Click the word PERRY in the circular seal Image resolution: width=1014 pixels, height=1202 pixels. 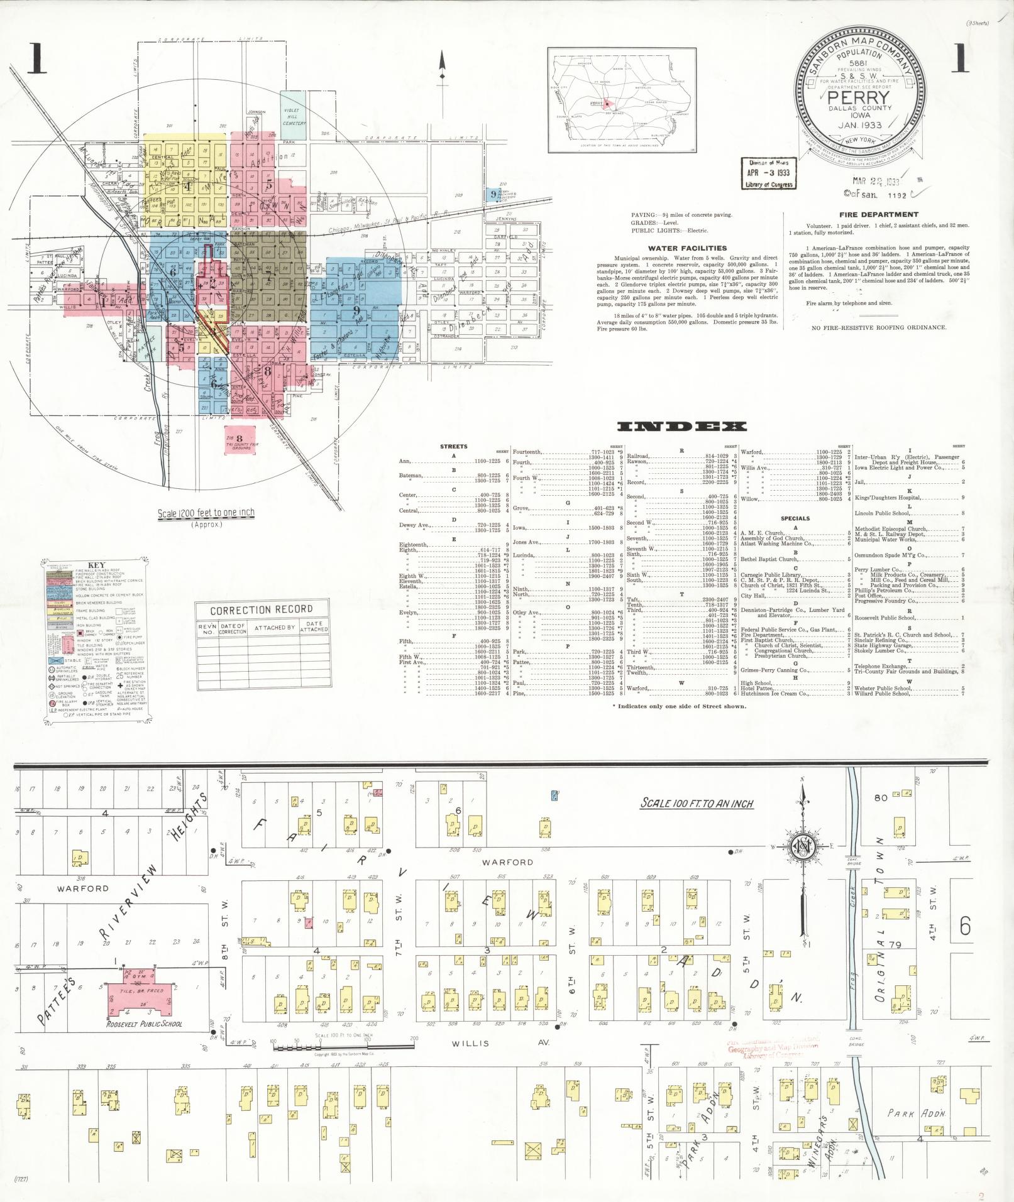click(859, 99)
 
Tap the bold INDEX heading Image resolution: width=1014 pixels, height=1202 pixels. click(682, 427)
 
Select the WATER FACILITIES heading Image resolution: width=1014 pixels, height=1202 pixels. click(687, 248)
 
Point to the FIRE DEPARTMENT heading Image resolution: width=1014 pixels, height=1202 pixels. click(870, 215)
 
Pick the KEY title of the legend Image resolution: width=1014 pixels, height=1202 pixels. click(96, 565)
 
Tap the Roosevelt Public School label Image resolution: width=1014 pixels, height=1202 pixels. click(145, 1024)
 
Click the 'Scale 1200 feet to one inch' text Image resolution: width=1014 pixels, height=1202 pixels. click(206, 513)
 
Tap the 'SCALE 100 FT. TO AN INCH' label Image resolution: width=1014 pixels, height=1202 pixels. click(697, 803)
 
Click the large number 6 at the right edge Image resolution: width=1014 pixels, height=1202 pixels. click(965, 926)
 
